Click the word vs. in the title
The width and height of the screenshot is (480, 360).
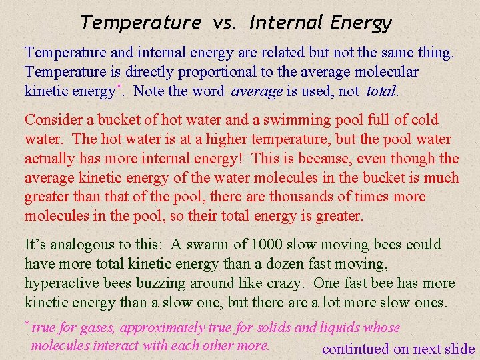click(225, 23)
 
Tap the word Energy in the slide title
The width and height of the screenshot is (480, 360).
click(361, 24)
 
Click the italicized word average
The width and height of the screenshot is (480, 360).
click(256, 91)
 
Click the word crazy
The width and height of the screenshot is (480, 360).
click(285, 283)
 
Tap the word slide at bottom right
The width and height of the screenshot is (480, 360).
click(459, 349)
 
